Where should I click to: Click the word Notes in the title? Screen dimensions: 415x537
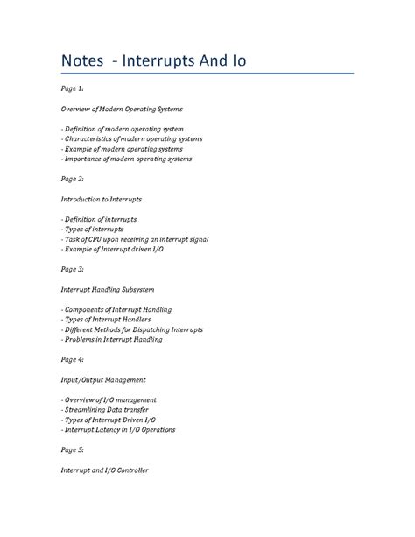(x=83, y=63)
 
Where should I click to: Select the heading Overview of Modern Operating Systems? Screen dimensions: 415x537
(x=133, y=109)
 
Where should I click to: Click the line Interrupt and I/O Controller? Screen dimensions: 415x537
(x=104, y=470)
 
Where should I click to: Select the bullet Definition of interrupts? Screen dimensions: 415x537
(x=99, y=219)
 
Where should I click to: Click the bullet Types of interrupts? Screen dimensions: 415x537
(x=92, y=229)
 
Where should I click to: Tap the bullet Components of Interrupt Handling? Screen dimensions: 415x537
(x=116, y=309)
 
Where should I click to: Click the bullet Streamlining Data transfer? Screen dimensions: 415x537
(x=105, y=410)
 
